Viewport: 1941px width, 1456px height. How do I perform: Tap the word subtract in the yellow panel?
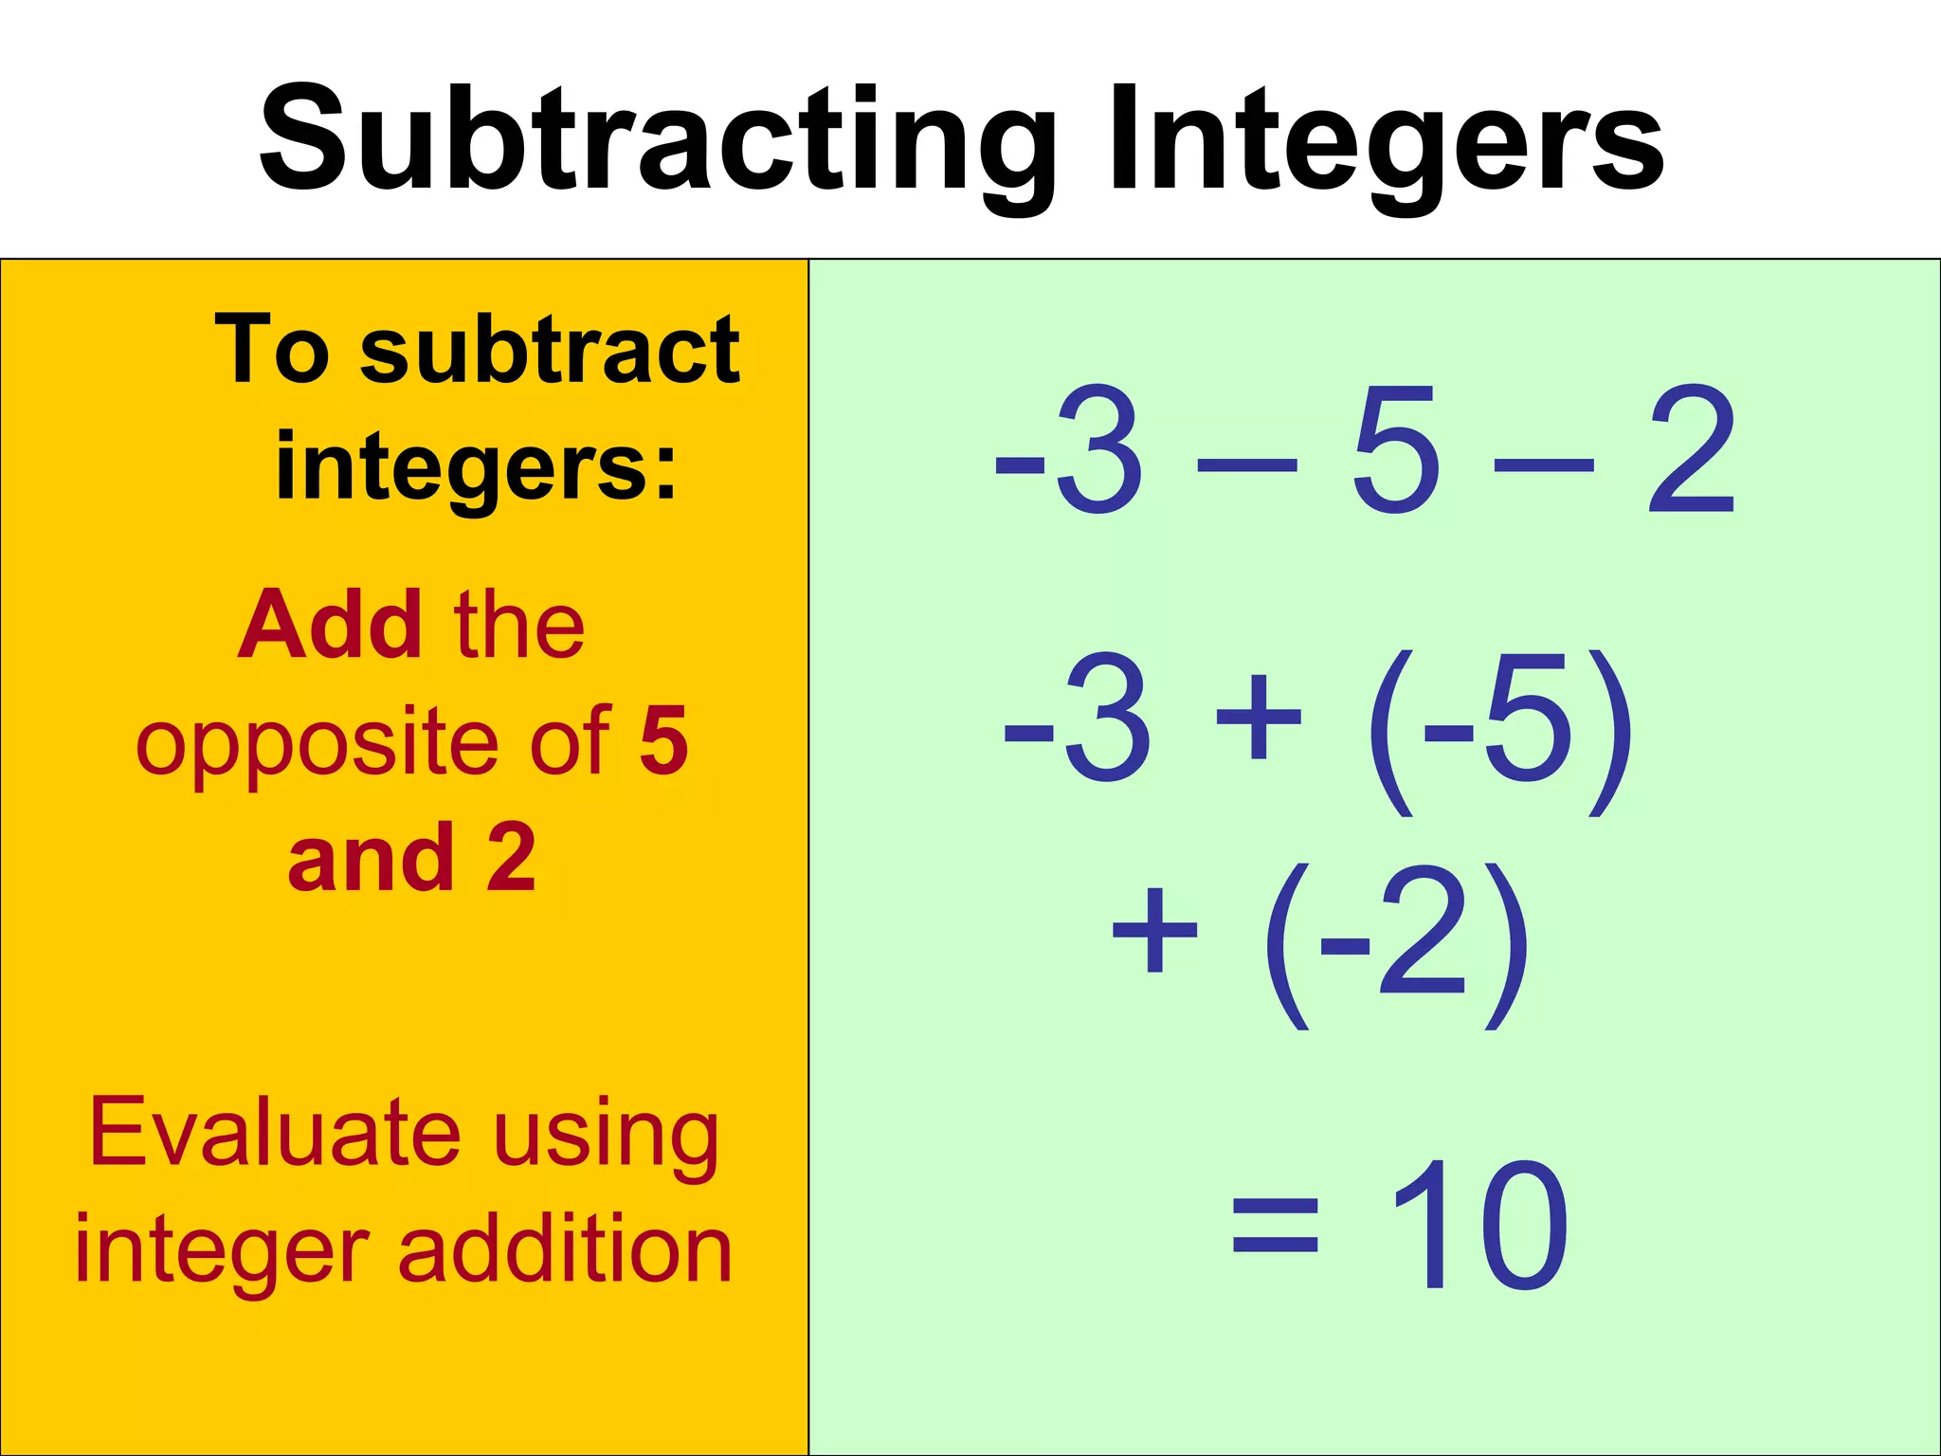click(x=550, y=351)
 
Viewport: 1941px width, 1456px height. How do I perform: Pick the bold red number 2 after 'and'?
click(x=512, y=857)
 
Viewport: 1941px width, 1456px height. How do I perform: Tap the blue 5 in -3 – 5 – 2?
click(x=1396, y=449)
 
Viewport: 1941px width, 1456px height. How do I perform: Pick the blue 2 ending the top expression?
click(x=1692, y=449)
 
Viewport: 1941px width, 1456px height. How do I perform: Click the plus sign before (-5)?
click(x=1259, y=717)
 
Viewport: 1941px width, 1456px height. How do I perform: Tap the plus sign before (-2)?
click(x=1154, y=931)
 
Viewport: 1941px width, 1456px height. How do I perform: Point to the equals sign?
click(x=1276, y=1225)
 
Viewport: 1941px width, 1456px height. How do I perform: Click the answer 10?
click(x=1478, y=1225)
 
